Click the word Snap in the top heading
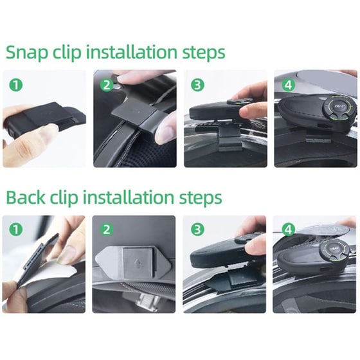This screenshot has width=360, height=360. point(27,53)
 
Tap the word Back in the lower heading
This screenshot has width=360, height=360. point(26,197)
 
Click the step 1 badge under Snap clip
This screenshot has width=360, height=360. point(16,85)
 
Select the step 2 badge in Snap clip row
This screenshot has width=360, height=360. point(107,85)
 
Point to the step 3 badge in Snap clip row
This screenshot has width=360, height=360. point(197,85)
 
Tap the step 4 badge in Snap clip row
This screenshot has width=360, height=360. point(288,85)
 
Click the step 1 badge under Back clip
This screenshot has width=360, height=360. point(16,230)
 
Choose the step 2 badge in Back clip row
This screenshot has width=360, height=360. point(107,230)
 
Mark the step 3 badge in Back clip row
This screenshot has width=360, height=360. point(197,230)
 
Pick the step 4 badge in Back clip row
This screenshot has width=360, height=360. point(289,230)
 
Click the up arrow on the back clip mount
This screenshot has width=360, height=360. point(138,262)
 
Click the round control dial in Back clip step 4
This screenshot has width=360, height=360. point(335,249)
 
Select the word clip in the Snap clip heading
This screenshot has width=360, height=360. point(67,53)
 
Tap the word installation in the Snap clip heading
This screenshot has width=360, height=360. point(132,52)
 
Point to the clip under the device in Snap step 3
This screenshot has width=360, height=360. point(229,139)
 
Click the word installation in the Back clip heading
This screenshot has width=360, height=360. point(129,197)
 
